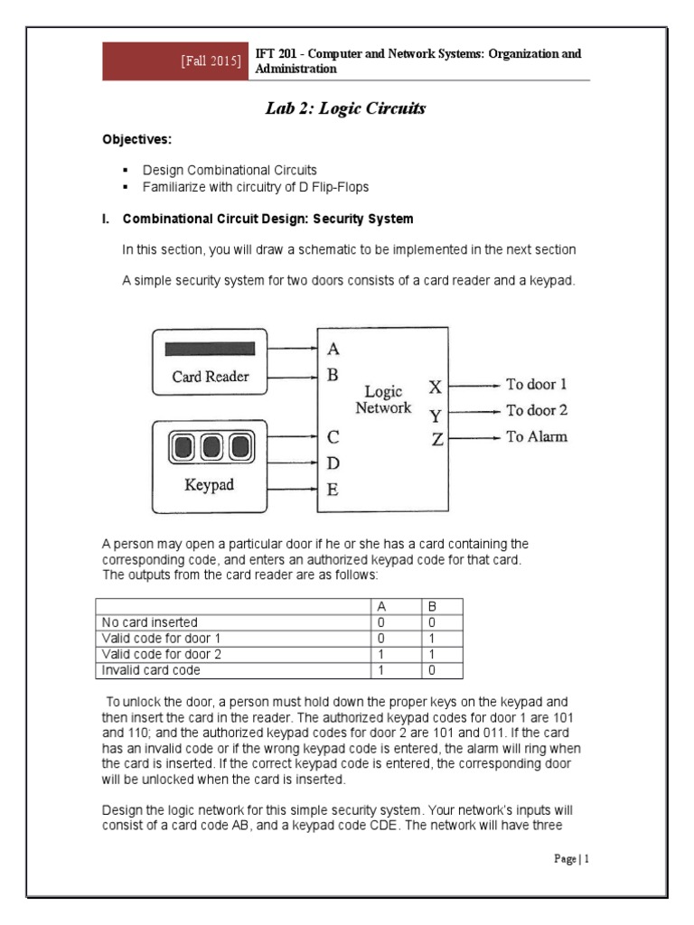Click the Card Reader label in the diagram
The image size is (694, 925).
point(211,377)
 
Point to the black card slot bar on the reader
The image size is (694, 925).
point(211,349)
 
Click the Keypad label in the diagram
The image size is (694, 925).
point(210,485)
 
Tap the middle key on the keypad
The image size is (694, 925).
point(211,446)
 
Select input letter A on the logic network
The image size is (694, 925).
point(333,349)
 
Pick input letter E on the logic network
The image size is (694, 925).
point(333,491)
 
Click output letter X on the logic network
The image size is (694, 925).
point(436,388)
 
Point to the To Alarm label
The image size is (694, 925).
point(537,438)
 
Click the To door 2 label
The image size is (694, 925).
point(537,411)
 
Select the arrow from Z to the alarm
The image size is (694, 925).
point(474,438)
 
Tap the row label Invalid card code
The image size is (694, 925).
point(145,669)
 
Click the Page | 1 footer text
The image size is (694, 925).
point(571,859)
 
